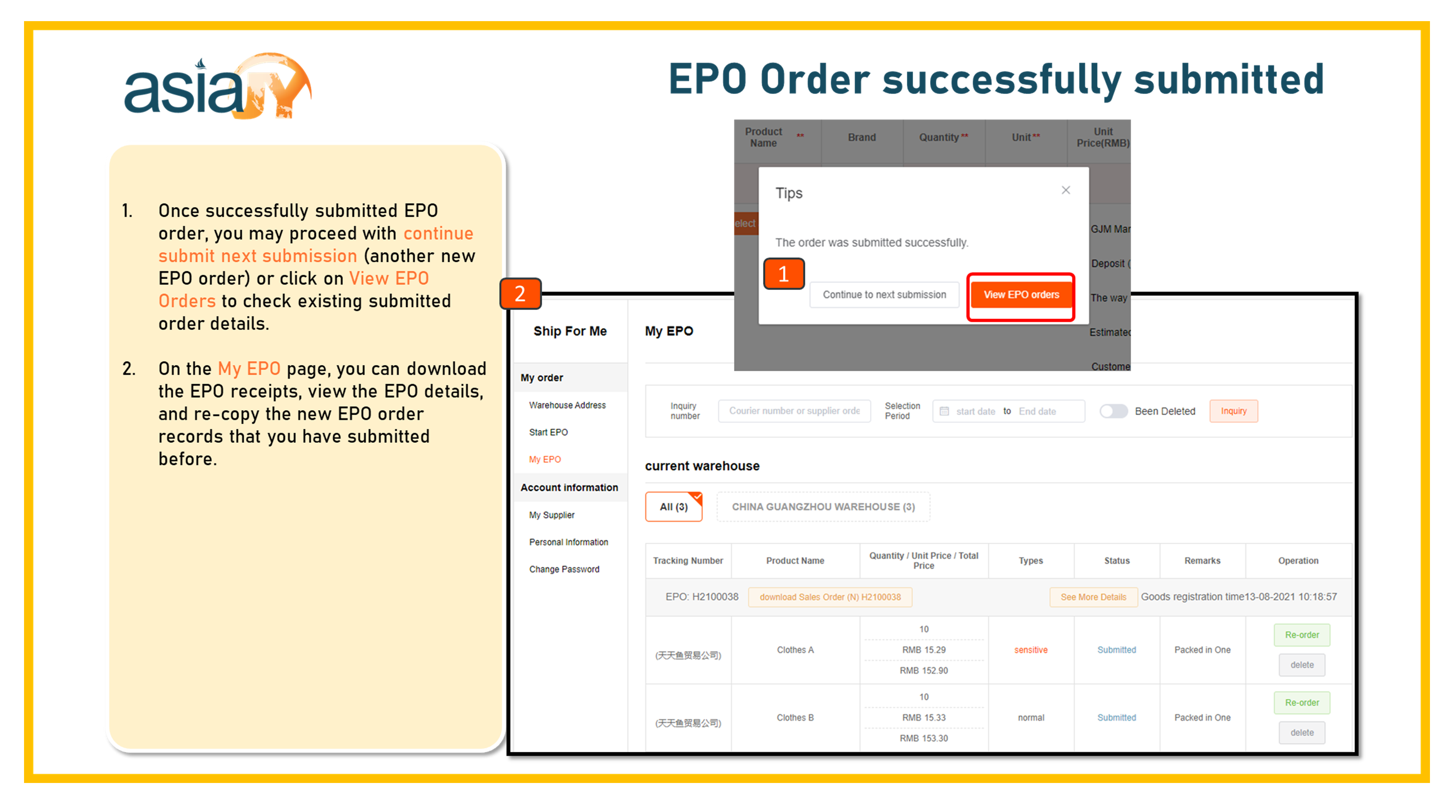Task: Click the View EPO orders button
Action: pyautogui.click(x=1021, y=295)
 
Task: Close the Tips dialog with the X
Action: pyautogui.click(x=1066, y=190)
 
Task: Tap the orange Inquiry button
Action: pyautogui.click(x=1233, y=411)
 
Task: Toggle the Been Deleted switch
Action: pyautogui.click(x=1113, y=411)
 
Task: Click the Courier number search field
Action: pyautogui.click(x=794, y=411)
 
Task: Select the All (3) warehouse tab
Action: pyautogui.click(x=674, y=507)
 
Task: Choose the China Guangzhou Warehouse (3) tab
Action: pyautogui.click(x=824, y=507)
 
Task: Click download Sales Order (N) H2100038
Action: pyautogui.click(x=830, y=597)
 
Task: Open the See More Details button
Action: pyautogui.click(x=1093, y=597)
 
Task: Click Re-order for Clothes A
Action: pyautogui.click(x=1301, y=635)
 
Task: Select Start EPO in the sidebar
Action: pyautogui.click(x=548, y=432)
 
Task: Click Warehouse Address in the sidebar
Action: pyautogui.click(x=567, y=405)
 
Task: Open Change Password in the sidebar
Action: pyautogui.click(x=564, y=569)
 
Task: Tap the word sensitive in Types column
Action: pyautogui.click(x=1031, y=650)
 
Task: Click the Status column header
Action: pyautogui.click(x=1117, y=561)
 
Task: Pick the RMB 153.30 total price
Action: pyautogui.click(x=923, y=738)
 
